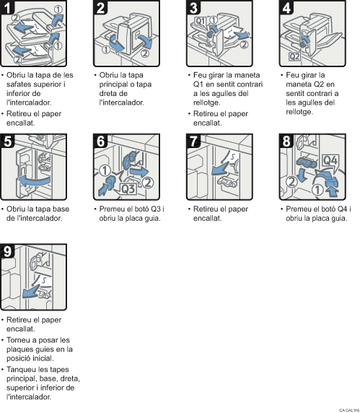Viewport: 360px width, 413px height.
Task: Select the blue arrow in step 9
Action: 30,290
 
